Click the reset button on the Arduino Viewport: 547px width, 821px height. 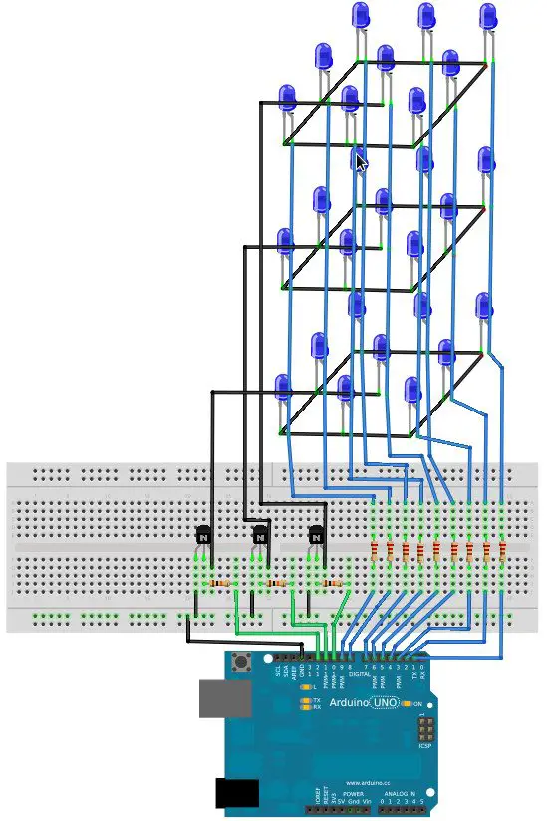(x=240, y=664)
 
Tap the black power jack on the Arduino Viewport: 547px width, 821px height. (x=237, y=793)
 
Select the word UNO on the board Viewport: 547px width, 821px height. (x=384, y=704)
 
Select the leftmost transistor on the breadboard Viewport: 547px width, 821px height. (x=203, y=536)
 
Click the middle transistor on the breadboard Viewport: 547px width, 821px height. (x=261, y=536)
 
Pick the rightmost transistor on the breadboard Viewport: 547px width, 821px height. (x=318, y=536)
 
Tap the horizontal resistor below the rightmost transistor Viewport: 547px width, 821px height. (x=333, y=583)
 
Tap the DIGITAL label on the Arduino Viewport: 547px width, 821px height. (x=359, y=674)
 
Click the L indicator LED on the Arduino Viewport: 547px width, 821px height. (x=305, y=687)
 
